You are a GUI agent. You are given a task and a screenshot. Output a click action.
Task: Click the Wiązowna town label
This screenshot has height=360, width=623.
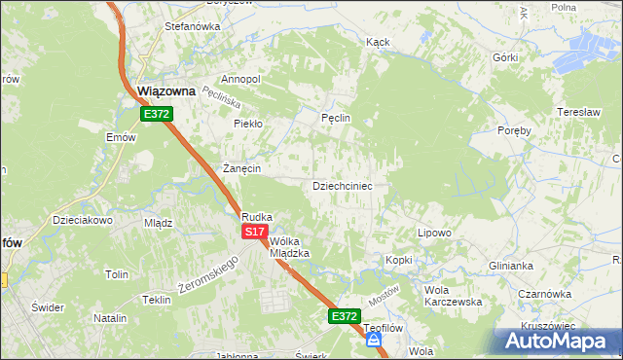click(167, 90)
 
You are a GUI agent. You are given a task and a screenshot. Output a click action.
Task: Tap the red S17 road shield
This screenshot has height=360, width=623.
click(254, 232)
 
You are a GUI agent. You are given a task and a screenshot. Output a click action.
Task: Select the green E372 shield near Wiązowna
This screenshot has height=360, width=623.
click(157, 114)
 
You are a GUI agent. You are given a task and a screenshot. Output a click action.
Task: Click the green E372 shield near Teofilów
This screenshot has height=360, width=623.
click(344, 316)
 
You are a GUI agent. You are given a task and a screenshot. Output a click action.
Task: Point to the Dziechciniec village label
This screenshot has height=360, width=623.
click(342, 185)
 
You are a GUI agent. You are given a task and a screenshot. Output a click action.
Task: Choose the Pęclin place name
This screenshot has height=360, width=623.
click(335, 118)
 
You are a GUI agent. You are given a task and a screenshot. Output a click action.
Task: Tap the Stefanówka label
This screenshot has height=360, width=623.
click(193, 26)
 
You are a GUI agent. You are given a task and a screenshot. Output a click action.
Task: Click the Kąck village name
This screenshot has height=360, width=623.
click(378, 43)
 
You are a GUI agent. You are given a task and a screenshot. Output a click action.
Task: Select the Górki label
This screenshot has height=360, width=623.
click(505, 57)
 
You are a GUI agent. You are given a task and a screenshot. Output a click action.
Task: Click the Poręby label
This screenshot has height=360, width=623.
click(514, 130)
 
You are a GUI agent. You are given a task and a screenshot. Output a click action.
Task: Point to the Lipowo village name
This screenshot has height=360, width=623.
click(434, 233)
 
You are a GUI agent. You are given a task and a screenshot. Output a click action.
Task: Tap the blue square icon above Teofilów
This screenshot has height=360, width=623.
click(373, 341)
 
